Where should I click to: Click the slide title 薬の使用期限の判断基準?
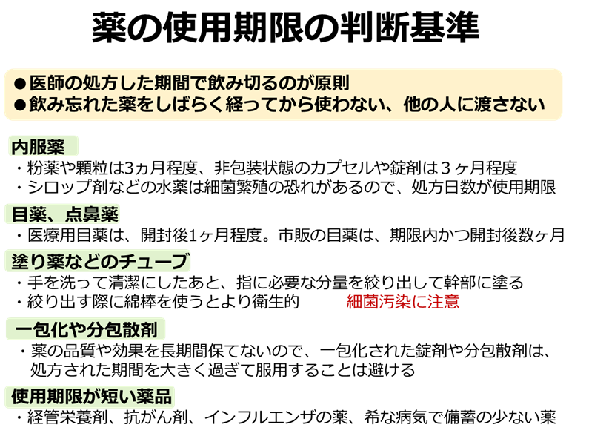(x=285, y=27)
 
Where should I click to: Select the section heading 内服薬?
(x=38, y=147)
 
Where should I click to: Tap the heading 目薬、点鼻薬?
(x=65, y=214)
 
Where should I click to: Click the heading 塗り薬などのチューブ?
(x=99, y=261)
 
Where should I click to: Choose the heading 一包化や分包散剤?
(x=86, y=330)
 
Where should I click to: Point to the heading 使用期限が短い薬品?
(x=91, y=396)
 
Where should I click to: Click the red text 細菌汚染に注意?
(x=403, y=301)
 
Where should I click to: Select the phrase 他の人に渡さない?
(x=474, y=105)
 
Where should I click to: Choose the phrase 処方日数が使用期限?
(x=484, y=187)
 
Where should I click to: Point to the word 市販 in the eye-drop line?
(x=294, y=235)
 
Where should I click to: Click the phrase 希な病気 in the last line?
(x=396, y=417)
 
